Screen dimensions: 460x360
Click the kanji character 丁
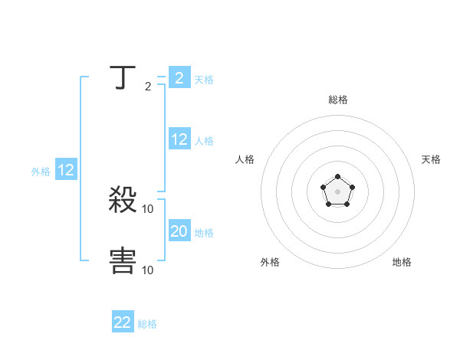pos(123,78)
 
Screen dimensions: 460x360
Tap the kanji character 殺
pos(123,201)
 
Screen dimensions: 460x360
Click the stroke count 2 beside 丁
pos(148,87)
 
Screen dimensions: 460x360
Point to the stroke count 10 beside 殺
pos(148,209)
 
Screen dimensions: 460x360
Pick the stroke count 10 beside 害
pos(148,270)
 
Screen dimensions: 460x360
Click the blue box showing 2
pos(179,78)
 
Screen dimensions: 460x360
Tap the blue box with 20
pos(179,231)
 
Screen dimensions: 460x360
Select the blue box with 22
pos(123,322)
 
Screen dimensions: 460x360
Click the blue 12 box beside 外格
pos(66,170)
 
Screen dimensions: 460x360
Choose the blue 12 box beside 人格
pos(179,139)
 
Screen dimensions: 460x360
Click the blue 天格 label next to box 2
pos(204,79)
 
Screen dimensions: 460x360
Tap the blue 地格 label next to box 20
pos(204,232)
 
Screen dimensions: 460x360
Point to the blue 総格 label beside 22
pos(147,324)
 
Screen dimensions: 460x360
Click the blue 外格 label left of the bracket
pos(41,172)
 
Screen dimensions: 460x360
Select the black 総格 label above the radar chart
pos(337,100)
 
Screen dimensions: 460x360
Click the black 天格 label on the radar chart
pos(431,159)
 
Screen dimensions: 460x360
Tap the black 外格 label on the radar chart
pos(270,262)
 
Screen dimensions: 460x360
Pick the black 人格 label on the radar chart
pos(245,159)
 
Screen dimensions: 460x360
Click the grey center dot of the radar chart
pos(337,191)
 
